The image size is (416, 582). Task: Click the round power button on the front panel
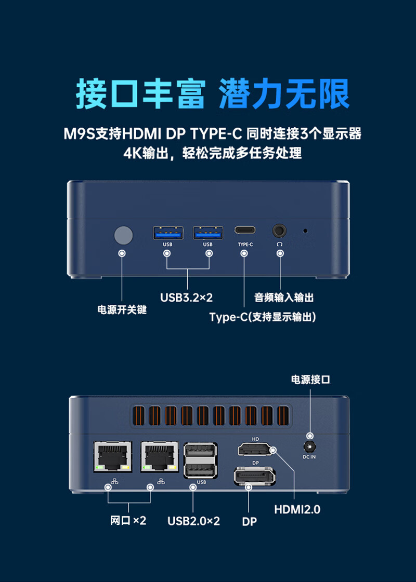[123, 235]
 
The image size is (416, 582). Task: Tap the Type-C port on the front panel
[244, 230]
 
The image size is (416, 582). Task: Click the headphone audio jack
[279, 231]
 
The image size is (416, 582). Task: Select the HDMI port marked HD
[255, 449]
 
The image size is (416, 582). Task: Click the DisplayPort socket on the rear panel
[255, 476]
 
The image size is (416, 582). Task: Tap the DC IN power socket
[309, 446]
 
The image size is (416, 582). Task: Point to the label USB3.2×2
[186, 297]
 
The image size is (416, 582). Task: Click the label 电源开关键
[122, 309]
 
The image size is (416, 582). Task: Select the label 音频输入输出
[284, 297]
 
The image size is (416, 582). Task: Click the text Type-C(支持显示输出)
[263, 317]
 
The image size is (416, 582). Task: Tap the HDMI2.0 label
[297, 509]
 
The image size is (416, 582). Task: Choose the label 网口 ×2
[128, 520]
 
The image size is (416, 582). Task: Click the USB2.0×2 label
[193, 521]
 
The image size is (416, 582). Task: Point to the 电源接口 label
[310, 380]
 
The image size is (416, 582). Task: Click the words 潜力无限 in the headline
[284, 93]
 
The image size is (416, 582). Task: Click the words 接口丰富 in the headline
[140, 93]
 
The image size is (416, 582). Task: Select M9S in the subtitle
[80, 133]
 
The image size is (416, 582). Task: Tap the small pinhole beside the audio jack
[305, 231]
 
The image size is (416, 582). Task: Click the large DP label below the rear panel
[249, 521]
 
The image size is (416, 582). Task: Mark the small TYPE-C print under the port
[245, 244]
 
